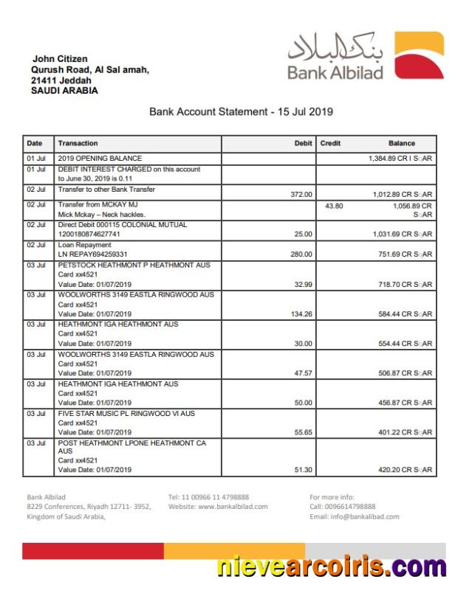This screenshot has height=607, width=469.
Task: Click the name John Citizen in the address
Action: tap(59, 59)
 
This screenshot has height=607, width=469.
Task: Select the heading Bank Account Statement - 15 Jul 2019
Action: tap(241, 112)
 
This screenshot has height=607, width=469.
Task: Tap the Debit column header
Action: tap(303, 143)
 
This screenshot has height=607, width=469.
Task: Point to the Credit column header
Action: tap(330, 143)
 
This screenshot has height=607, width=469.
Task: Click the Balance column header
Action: tap(402, 143)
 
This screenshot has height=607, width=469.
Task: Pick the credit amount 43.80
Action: tap(334, 206)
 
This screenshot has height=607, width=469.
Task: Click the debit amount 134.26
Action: tap(301, 314)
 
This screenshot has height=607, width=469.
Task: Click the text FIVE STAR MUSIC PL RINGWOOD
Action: tap(126, 414)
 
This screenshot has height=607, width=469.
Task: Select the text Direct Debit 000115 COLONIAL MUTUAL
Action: tap(123, 224)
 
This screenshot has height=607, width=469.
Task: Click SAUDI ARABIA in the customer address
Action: tap(64, 91)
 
